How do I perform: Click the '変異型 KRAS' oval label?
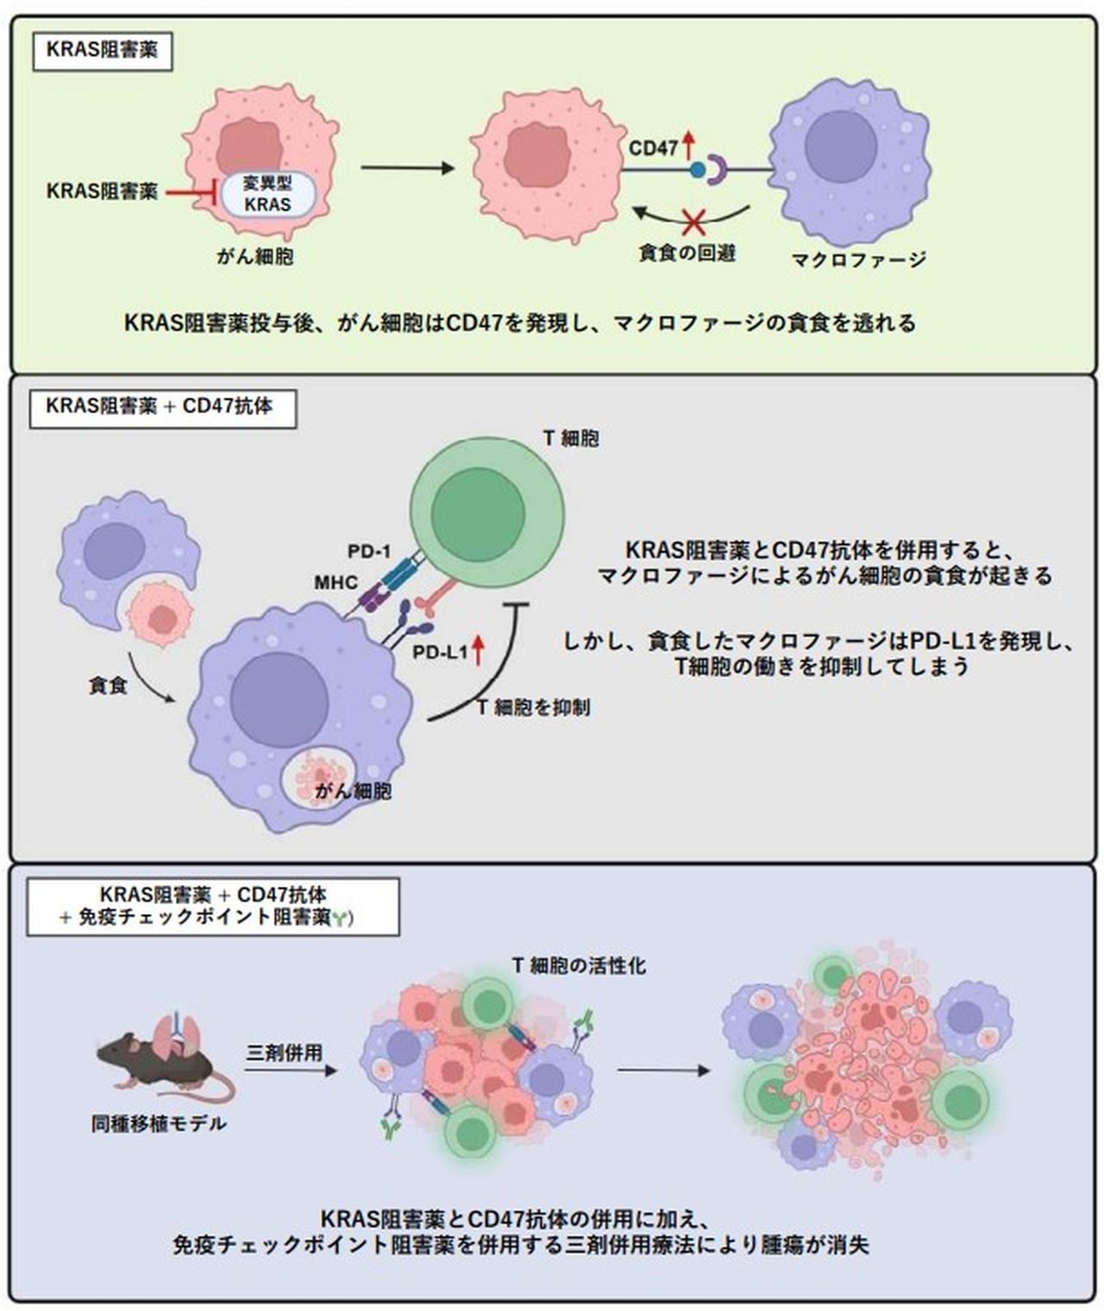[267, 194]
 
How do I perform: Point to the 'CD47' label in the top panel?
[653, 148]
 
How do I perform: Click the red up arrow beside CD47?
[688, 144]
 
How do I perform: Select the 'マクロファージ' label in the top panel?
[858, 259]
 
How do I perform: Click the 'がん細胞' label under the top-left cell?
[255, 256]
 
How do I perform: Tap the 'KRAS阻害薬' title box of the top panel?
[102, 50]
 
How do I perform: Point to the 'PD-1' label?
[369, 551]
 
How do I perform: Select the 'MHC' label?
[336, 583]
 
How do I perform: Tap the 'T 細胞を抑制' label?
[534, 707]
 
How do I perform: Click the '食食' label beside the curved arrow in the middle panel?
[108, 687]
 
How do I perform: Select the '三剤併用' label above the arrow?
[284, 1052]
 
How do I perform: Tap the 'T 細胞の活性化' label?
[579, 965]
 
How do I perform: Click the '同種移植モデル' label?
[159, 1124]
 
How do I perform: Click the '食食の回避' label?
[687, 254]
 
